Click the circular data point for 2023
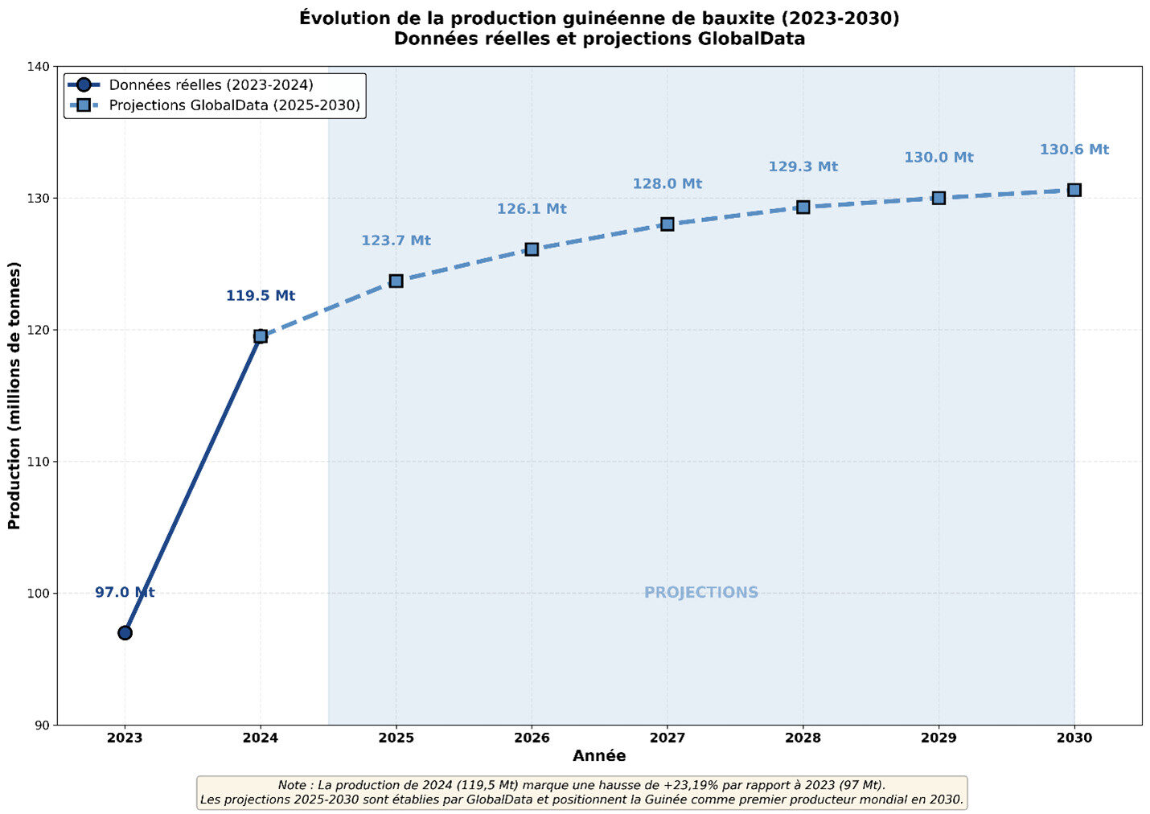coord(125,632)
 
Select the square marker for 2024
coord(261,336)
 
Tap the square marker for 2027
coord(667,224)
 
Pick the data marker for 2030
coord(1074,190)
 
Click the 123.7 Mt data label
coord(396,240)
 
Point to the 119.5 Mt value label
coord(261,296)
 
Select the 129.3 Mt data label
coord(803,166)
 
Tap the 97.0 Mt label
coord(125,593)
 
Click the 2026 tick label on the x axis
coord(532,738)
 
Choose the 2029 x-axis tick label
coord(938,738)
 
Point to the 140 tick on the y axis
coord(39,67)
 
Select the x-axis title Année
coord(599,756)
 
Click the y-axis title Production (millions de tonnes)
coord(14,396)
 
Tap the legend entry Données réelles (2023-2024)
coord(211,85)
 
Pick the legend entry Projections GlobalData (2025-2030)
coord(234,105)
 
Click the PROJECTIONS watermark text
coord(701,593)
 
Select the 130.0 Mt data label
coord(938,158)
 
